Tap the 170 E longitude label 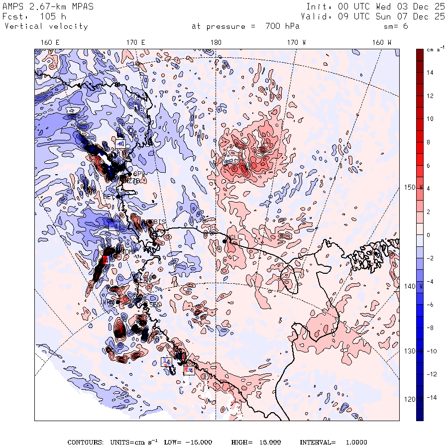135,43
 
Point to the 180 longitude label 216,43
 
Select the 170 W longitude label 296,43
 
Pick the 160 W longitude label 382,43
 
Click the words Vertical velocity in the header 46,26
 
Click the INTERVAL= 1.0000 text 333,442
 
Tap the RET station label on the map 109,196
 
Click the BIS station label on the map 160,222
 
